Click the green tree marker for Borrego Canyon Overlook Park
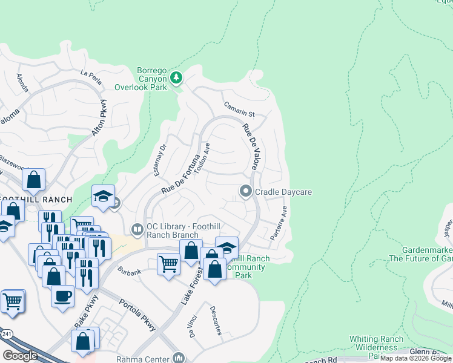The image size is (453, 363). [176, 77]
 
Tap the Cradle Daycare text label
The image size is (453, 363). [283, 192]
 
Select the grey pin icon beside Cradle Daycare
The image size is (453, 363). [246, 192]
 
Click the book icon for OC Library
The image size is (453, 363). [137, 229]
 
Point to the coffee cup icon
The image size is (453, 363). [62, 296]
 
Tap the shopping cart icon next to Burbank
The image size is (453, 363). [168, 264]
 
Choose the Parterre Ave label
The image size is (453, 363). [279, 223]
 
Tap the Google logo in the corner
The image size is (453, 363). [20, 356]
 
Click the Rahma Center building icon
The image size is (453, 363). [179, 358]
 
